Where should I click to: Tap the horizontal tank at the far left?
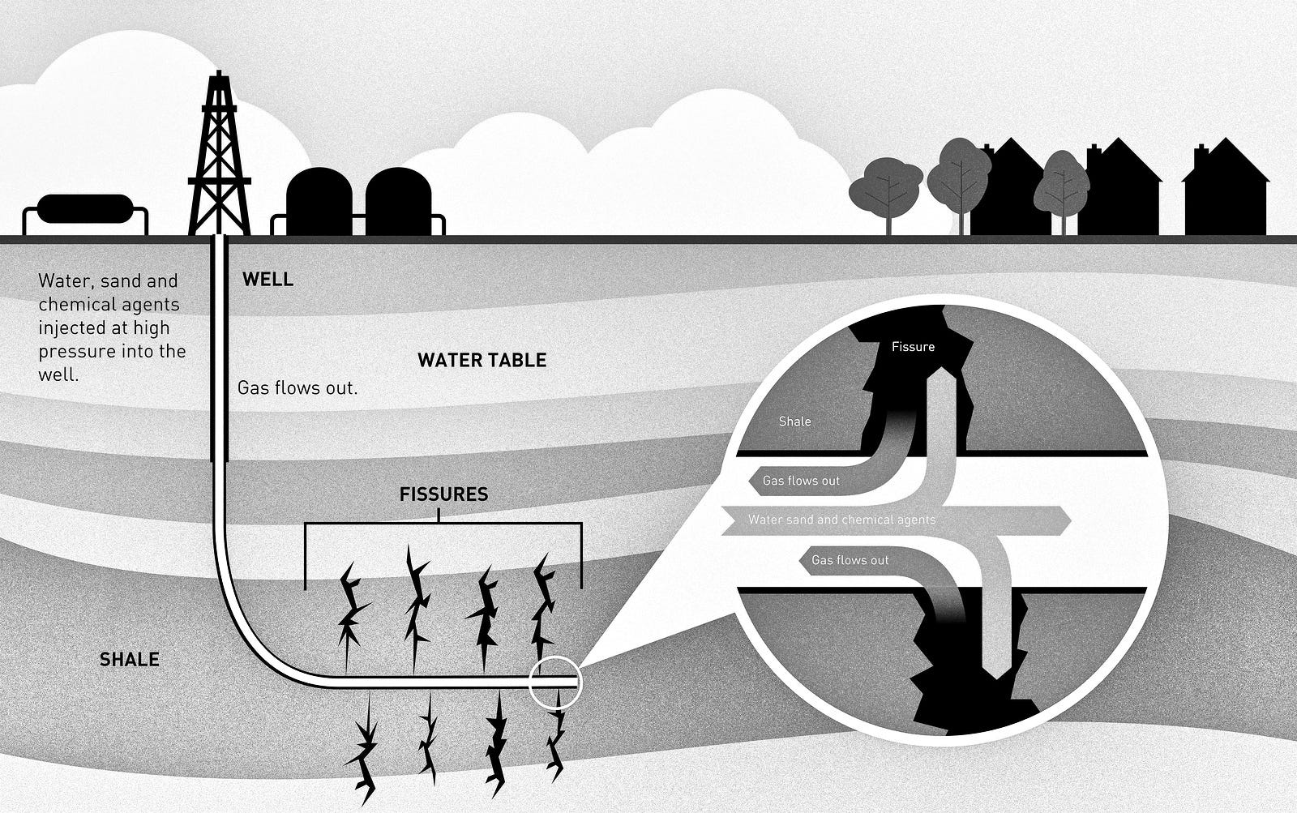click(x=84, y=209)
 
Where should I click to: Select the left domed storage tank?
click(x=319, y=201)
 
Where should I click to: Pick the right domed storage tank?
click(x=398, y=201)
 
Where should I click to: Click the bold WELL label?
click(x=268, y=280)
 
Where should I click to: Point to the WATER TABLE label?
click(x=482, y=360)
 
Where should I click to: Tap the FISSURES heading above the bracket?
click(x=443, y=494)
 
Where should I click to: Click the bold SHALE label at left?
click(x=130, y=660)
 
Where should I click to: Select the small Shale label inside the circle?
click(x=794, y=421)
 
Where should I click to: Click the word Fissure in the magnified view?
click(x=913, y=347)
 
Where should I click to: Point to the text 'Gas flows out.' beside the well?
click(x=297, y=388)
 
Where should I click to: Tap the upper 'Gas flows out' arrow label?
click(x=801, y=481)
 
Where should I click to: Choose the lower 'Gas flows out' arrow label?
click(x=850, y=560)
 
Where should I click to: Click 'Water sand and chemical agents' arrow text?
click(x=841, y=520)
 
